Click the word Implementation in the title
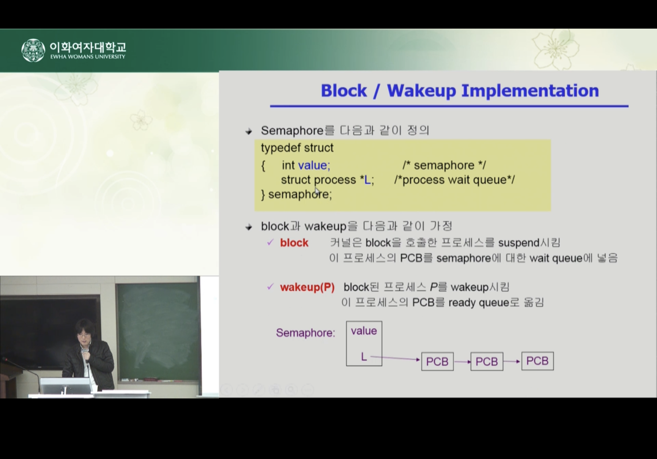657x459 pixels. (530, 91)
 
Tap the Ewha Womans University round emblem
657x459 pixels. (33, 50)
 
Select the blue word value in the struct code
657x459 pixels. (314, 165)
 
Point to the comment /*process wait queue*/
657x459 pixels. (455, 180)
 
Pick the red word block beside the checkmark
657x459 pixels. (294, 243)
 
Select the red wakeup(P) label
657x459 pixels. (307, 287)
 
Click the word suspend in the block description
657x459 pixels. (519, 243)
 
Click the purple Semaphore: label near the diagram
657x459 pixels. (305, 333)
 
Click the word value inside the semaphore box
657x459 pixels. (364, 331)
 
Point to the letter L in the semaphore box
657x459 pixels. (364, 357)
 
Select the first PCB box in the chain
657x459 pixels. (437, 361)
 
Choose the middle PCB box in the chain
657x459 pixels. (487, 361)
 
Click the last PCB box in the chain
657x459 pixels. (537, 361)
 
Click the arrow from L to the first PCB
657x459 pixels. (395, 358)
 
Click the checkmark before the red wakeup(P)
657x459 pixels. (270, 286)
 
